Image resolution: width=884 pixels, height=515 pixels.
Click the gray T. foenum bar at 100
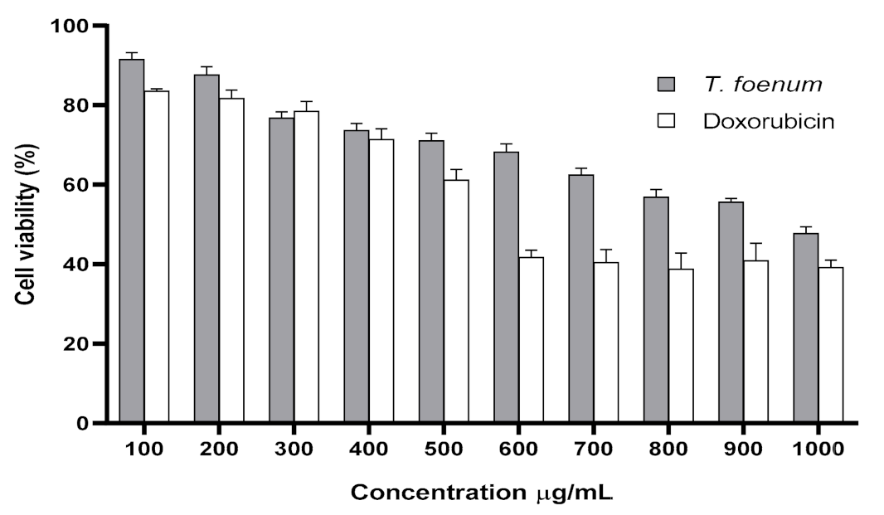pos(132,240)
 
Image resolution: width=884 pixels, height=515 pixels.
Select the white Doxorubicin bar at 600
pos(531,340)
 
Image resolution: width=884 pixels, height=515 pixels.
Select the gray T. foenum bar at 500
pos(431,282)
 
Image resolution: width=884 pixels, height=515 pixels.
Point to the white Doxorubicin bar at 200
pos(231,260)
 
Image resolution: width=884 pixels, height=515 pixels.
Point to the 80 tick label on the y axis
pos(80,105)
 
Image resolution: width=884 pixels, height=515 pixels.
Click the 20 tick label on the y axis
pos(80,343)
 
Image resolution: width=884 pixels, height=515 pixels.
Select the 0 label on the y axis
pos(86,423)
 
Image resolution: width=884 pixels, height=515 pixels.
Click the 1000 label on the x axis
pos(817,449)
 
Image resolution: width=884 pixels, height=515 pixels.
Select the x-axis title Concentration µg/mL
pos(482,492)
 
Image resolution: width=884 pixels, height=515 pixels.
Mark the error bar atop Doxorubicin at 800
pos(681,260)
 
